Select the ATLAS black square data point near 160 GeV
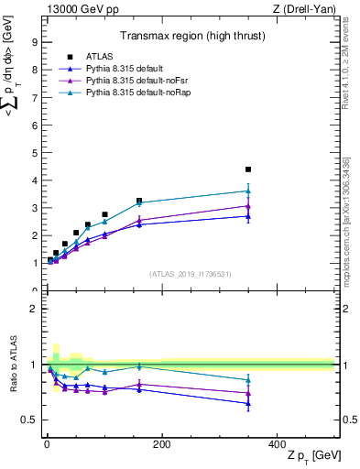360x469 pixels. point(139,201)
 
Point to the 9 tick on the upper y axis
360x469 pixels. point(35,42)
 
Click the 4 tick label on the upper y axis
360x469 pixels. point(35,180)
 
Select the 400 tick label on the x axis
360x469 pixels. point(277,444)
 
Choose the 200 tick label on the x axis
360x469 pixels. point(162,444)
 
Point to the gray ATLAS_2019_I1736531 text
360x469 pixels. point(190,274)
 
